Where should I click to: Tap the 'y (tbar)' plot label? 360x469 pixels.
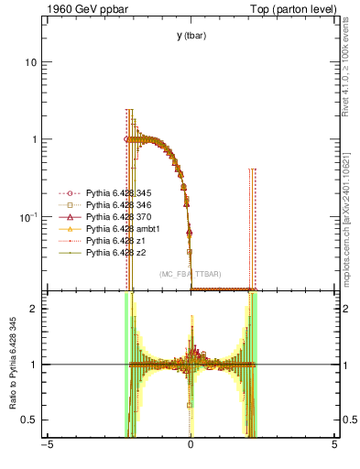(191, 36)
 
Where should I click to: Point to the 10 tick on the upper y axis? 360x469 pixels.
(30, 62)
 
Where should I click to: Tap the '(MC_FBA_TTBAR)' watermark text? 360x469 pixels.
(190, 274)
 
